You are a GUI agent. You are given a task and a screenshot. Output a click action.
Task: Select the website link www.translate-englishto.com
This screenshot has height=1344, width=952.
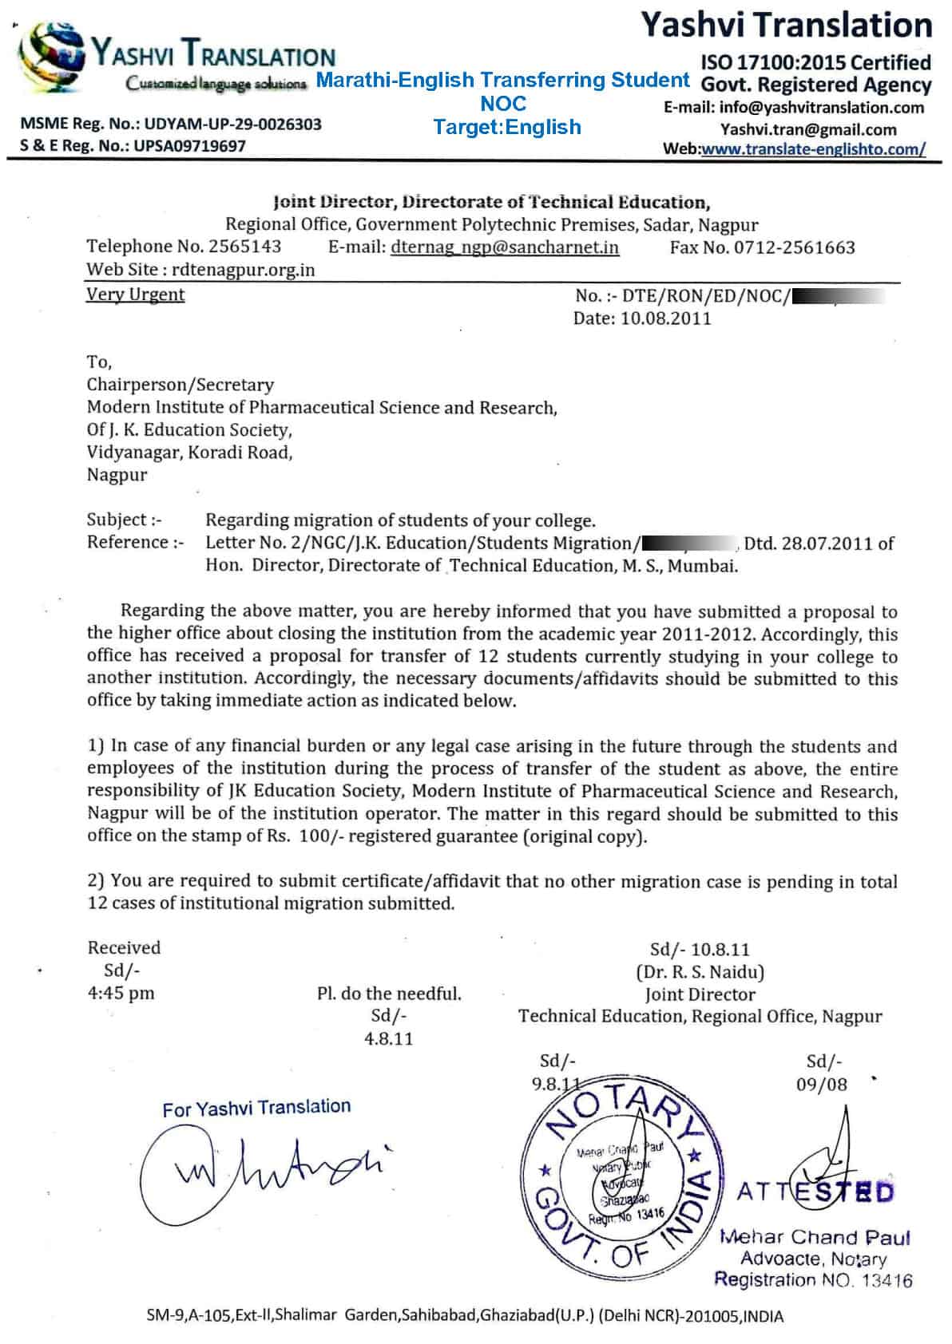813,148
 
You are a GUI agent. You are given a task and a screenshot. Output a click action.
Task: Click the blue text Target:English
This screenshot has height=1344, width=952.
506,127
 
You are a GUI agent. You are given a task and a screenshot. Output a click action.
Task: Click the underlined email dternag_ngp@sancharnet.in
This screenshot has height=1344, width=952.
505,247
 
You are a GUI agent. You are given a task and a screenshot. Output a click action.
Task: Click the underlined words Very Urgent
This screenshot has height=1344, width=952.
135,294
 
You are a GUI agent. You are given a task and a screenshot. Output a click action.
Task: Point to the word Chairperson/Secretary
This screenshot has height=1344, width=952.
180,385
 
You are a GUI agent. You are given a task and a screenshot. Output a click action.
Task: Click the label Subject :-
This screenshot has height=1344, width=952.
124,520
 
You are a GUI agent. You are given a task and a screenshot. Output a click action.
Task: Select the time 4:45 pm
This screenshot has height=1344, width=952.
121,993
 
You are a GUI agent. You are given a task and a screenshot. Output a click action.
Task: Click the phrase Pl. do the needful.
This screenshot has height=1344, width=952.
389,994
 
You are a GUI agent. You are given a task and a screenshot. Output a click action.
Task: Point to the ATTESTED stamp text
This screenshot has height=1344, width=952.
815,1192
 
